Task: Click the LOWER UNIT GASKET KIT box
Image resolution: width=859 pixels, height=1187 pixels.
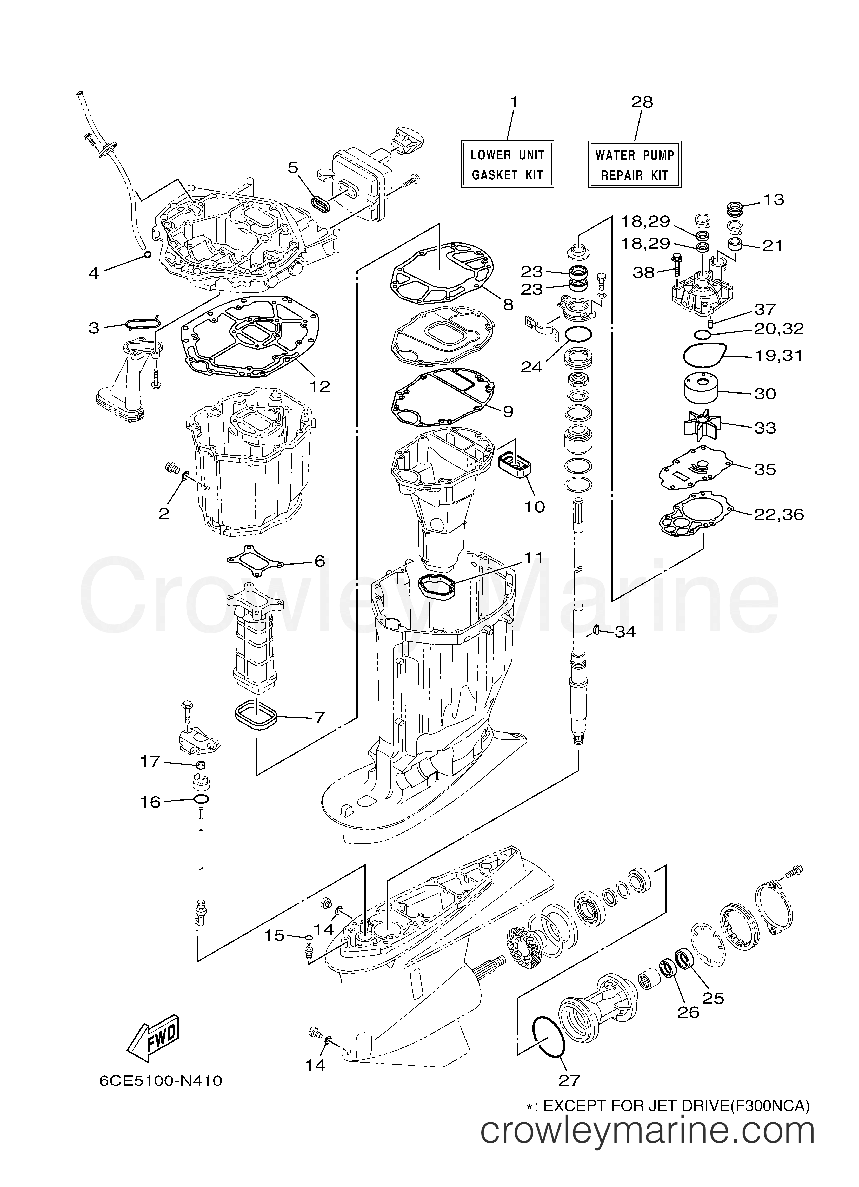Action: click(x=507, y=164)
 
